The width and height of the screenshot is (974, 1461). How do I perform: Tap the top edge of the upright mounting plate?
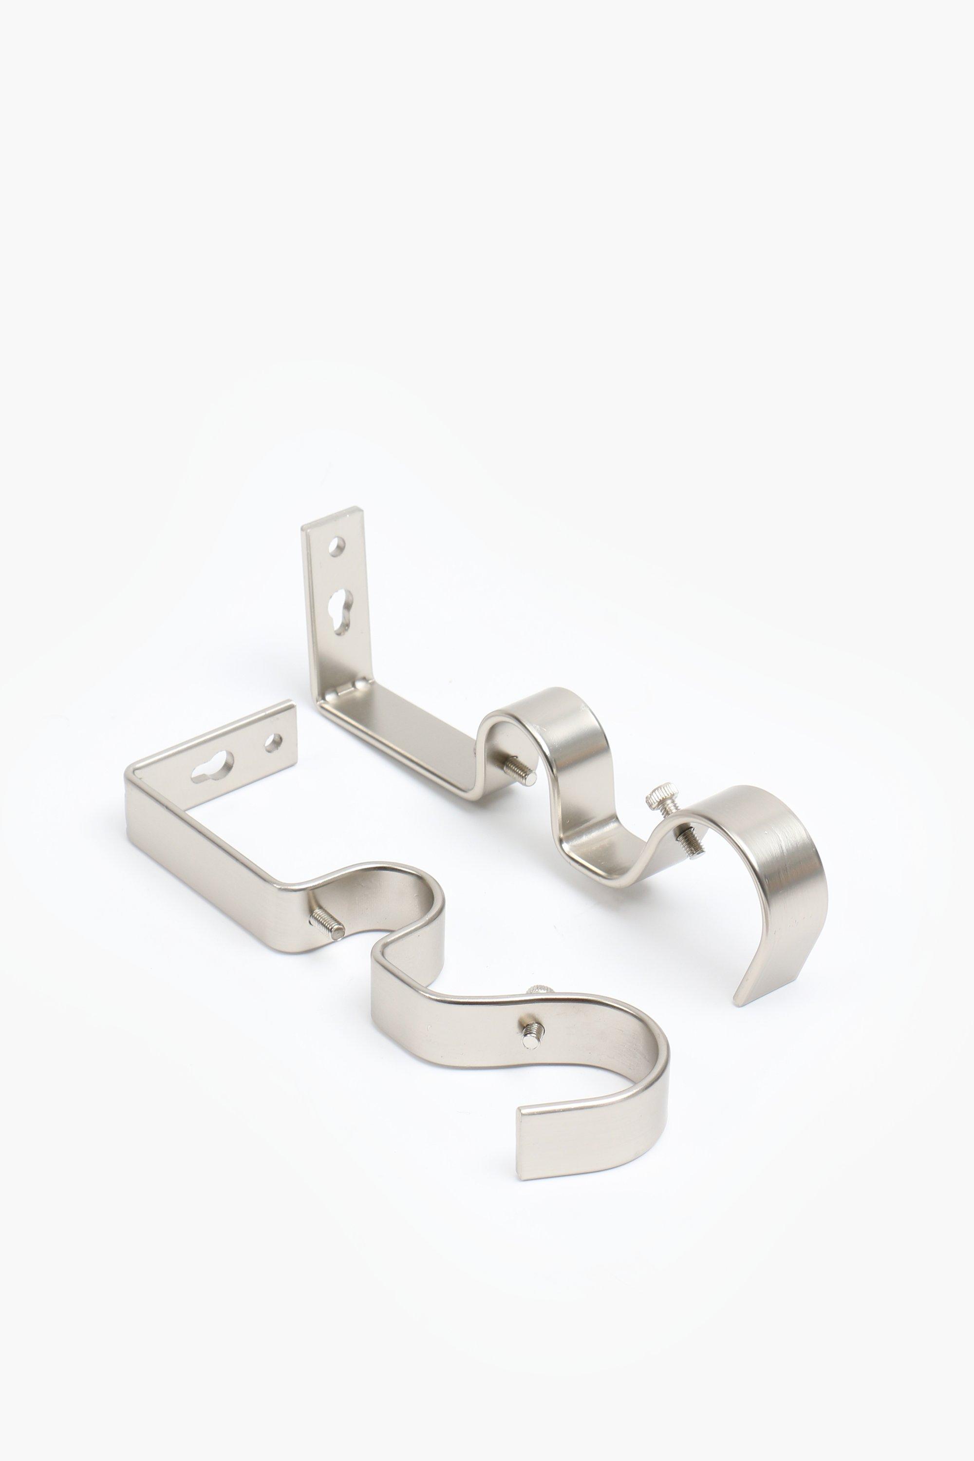332,517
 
